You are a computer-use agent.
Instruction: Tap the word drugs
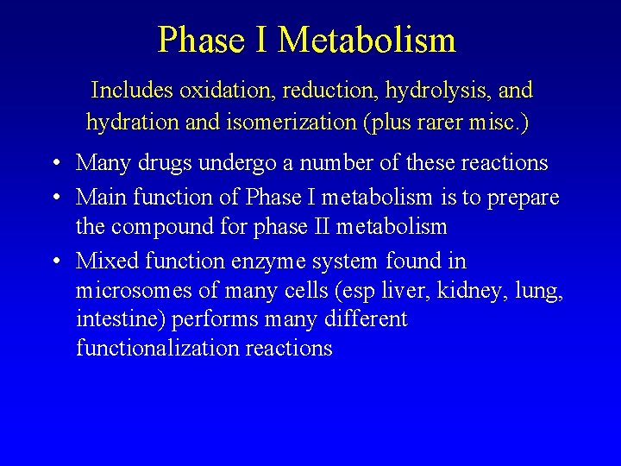pos(166,163)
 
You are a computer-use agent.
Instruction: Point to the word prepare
pos(522,198)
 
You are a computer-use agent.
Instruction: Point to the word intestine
pos(120,319)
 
